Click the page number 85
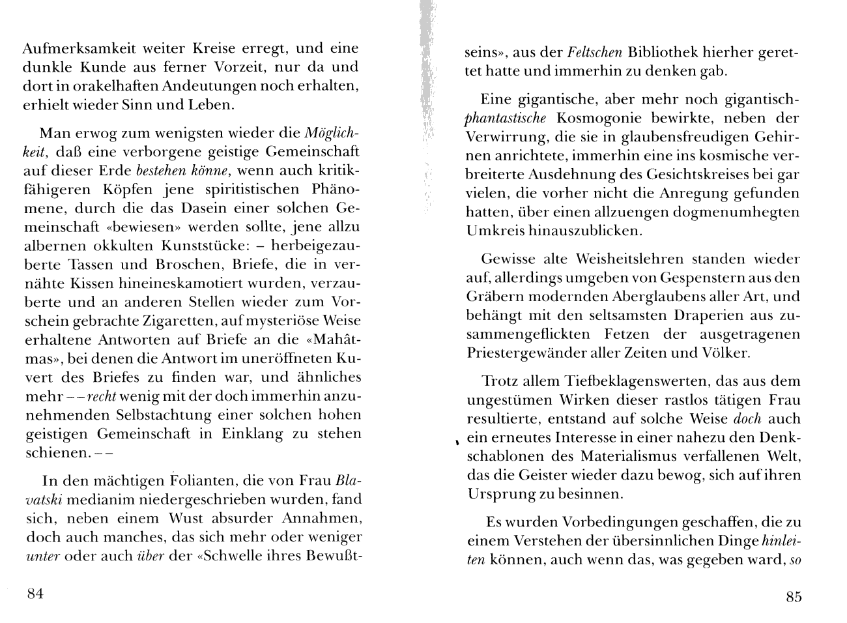pyautogui.click(x=793, y=596)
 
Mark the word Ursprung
pyautogui.click(x=498, y=494)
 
